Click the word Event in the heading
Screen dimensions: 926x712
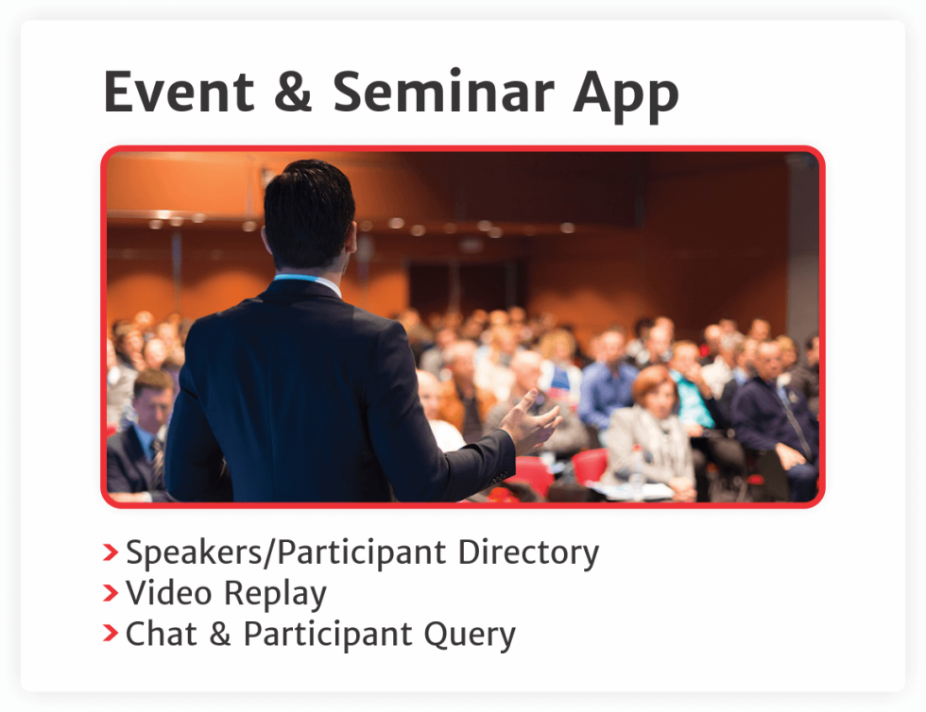click(179, 92)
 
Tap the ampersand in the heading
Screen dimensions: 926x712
click(293, 92)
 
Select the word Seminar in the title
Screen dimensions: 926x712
click(443, 92)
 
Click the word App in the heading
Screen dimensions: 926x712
click(626, 97)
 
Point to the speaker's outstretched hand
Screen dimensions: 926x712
click(530, 420)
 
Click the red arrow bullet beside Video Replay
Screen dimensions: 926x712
click(111, 593)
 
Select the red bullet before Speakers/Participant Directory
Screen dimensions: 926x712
click(111, 552)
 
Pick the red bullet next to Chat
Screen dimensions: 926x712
click(111, 633)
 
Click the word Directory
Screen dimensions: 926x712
click(528, 553)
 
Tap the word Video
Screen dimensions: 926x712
click(169, 593)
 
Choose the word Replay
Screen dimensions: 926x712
click(276, 595)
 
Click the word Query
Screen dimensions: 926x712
click(470, 636)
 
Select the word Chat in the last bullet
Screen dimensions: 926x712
click(162, 634)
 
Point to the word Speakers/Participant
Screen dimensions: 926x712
click(285, 553)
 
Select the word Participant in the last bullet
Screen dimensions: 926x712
click(327, 636)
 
